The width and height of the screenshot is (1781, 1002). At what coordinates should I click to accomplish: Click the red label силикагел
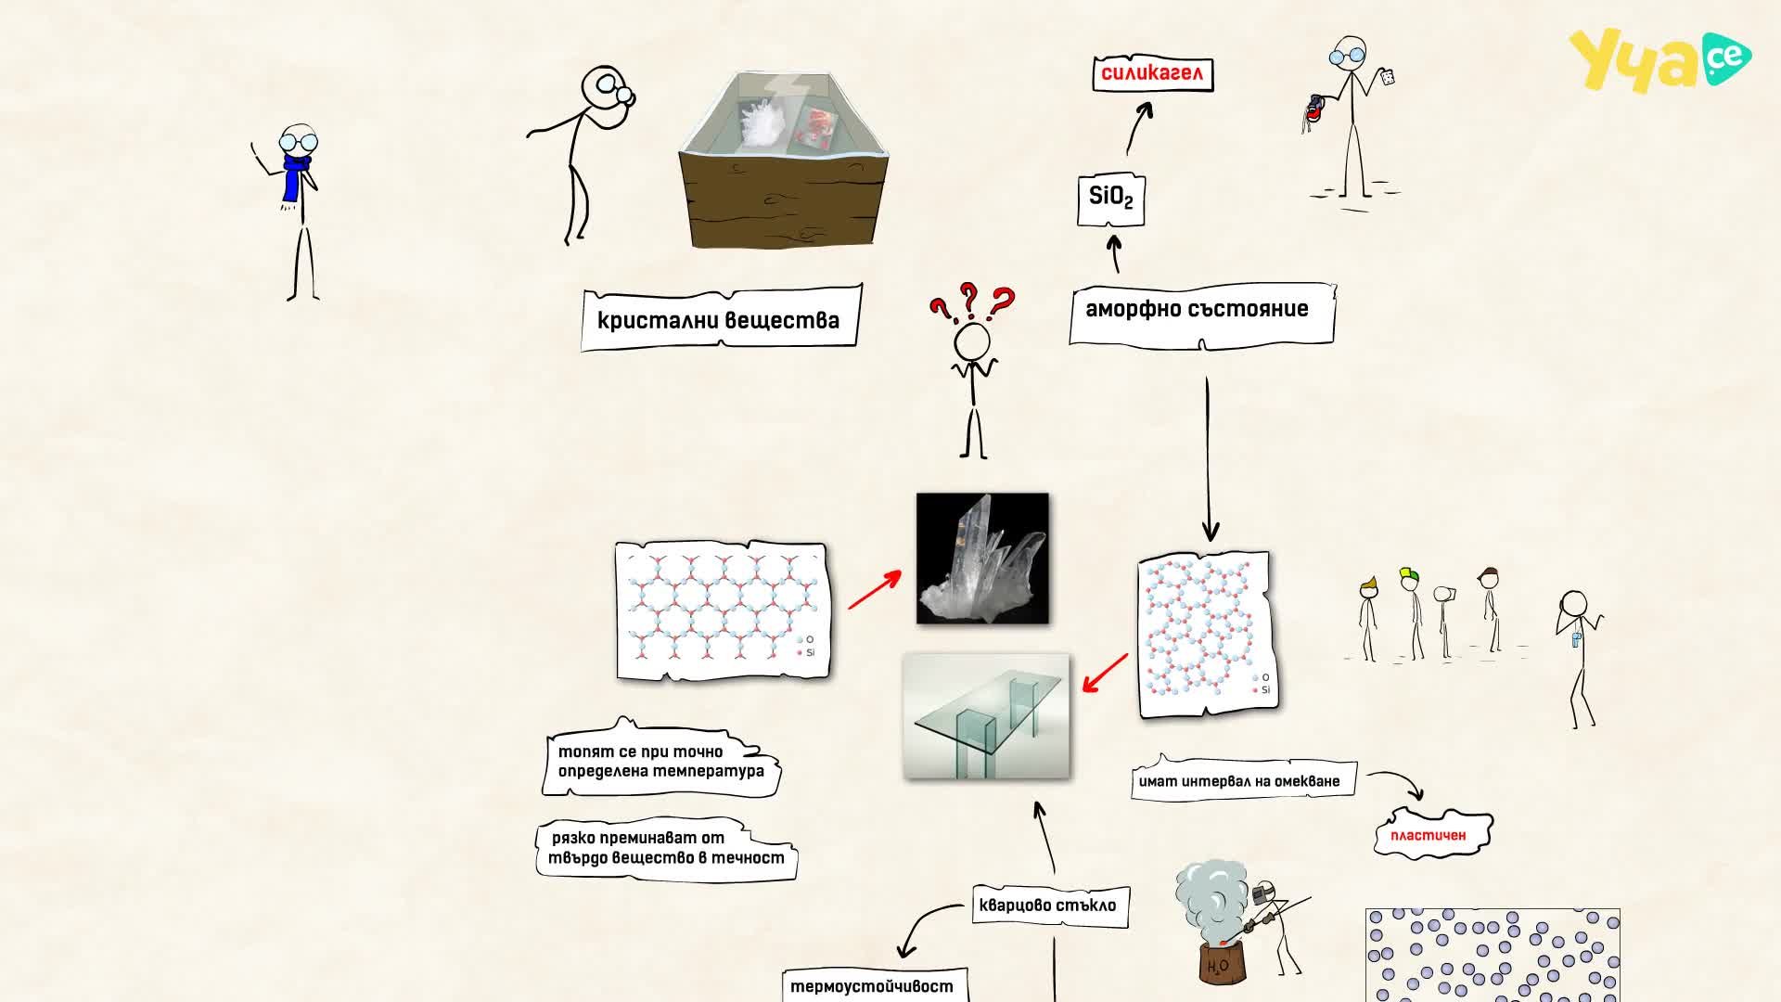pos(1152,73)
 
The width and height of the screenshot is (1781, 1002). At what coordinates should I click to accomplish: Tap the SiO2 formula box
pos(1110,199)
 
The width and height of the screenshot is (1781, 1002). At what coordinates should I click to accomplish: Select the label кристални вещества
pos(721,319)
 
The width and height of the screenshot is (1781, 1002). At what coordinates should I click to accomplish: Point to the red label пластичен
pos(1432,833)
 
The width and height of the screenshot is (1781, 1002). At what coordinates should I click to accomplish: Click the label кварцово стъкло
pos(1049,905)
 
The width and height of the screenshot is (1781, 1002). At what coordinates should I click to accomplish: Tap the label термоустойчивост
pos(870,985)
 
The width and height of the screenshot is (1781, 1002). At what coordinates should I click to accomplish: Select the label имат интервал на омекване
pos(1241,779)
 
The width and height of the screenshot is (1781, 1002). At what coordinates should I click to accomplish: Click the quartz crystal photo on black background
pos(982,558)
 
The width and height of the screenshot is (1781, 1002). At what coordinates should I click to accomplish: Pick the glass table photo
pos(986,716)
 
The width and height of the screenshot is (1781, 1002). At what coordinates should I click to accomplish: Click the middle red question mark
pos(970,299)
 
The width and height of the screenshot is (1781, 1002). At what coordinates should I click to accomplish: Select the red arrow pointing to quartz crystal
pos(874,590)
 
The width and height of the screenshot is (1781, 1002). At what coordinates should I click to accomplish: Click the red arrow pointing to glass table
pos(1105,673)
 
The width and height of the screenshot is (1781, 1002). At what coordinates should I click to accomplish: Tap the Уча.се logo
pos(1659,58)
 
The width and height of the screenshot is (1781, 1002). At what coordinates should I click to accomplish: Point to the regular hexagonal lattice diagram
pos(722,610)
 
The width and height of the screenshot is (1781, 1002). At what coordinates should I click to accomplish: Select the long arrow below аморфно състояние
pos(1208,458)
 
